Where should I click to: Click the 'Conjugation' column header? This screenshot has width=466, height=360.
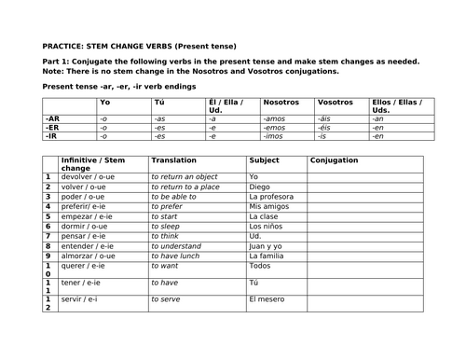coord(335,160)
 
